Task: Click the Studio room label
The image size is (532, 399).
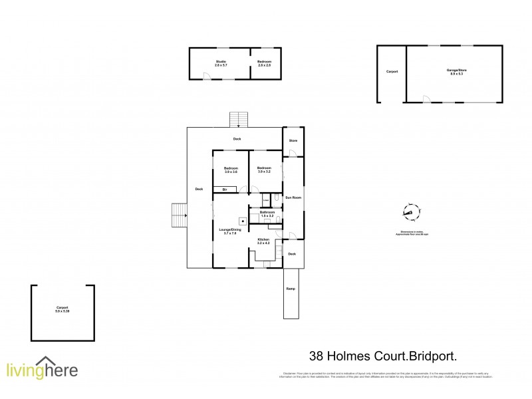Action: point(221,64)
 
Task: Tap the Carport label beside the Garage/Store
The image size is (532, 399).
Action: point(392,71)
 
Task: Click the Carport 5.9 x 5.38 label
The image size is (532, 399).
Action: point(62,310)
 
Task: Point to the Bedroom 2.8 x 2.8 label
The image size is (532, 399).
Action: point(265,64)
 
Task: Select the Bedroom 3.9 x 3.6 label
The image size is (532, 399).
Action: point(231,170)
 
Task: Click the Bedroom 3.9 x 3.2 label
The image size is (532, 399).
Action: point(264,170)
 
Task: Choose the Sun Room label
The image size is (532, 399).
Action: point(293,198)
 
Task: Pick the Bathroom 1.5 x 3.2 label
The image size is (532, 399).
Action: point(267,214)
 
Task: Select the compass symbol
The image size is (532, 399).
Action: point(410,212)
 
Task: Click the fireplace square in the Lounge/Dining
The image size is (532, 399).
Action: point(243,221)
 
